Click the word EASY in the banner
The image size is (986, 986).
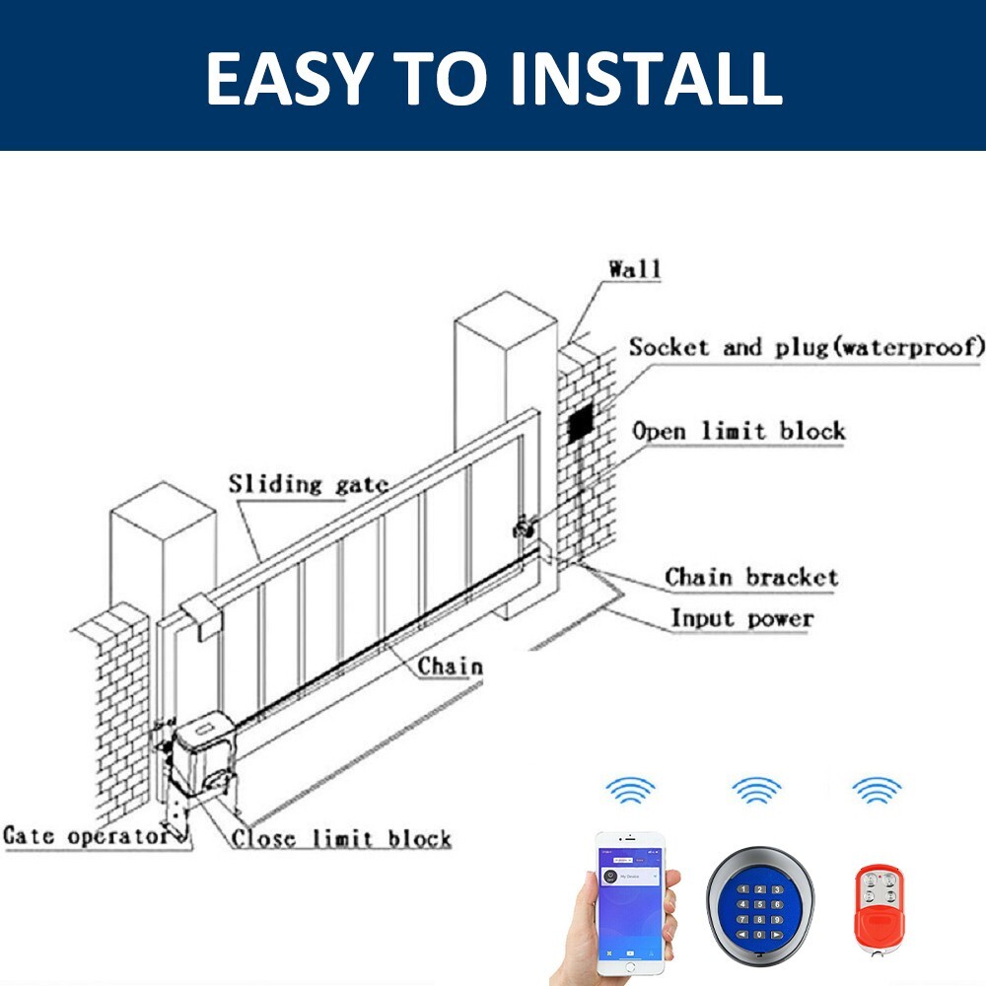(287, 79)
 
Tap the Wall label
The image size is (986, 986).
(635, 268)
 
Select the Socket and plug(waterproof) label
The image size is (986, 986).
(807, 347)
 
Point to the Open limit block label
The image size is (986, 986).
(739, 431)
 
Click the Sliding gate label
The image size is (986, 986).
(308, 484)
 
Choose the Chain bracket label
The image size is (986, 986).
(751, 577)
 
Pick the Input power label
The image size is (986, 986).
(741, 619)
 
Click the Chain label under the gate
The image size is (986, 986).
(450, 667)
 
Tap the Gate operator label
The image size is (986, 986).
(86, 837)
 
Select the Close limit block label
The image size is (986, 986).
(341, 839)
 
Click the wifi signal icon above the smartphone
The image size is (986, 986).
(630, 790)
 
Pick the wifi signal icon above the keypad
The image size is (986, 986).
(756, 790)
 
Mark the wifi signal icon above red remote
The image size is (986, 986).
(877, 790)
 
